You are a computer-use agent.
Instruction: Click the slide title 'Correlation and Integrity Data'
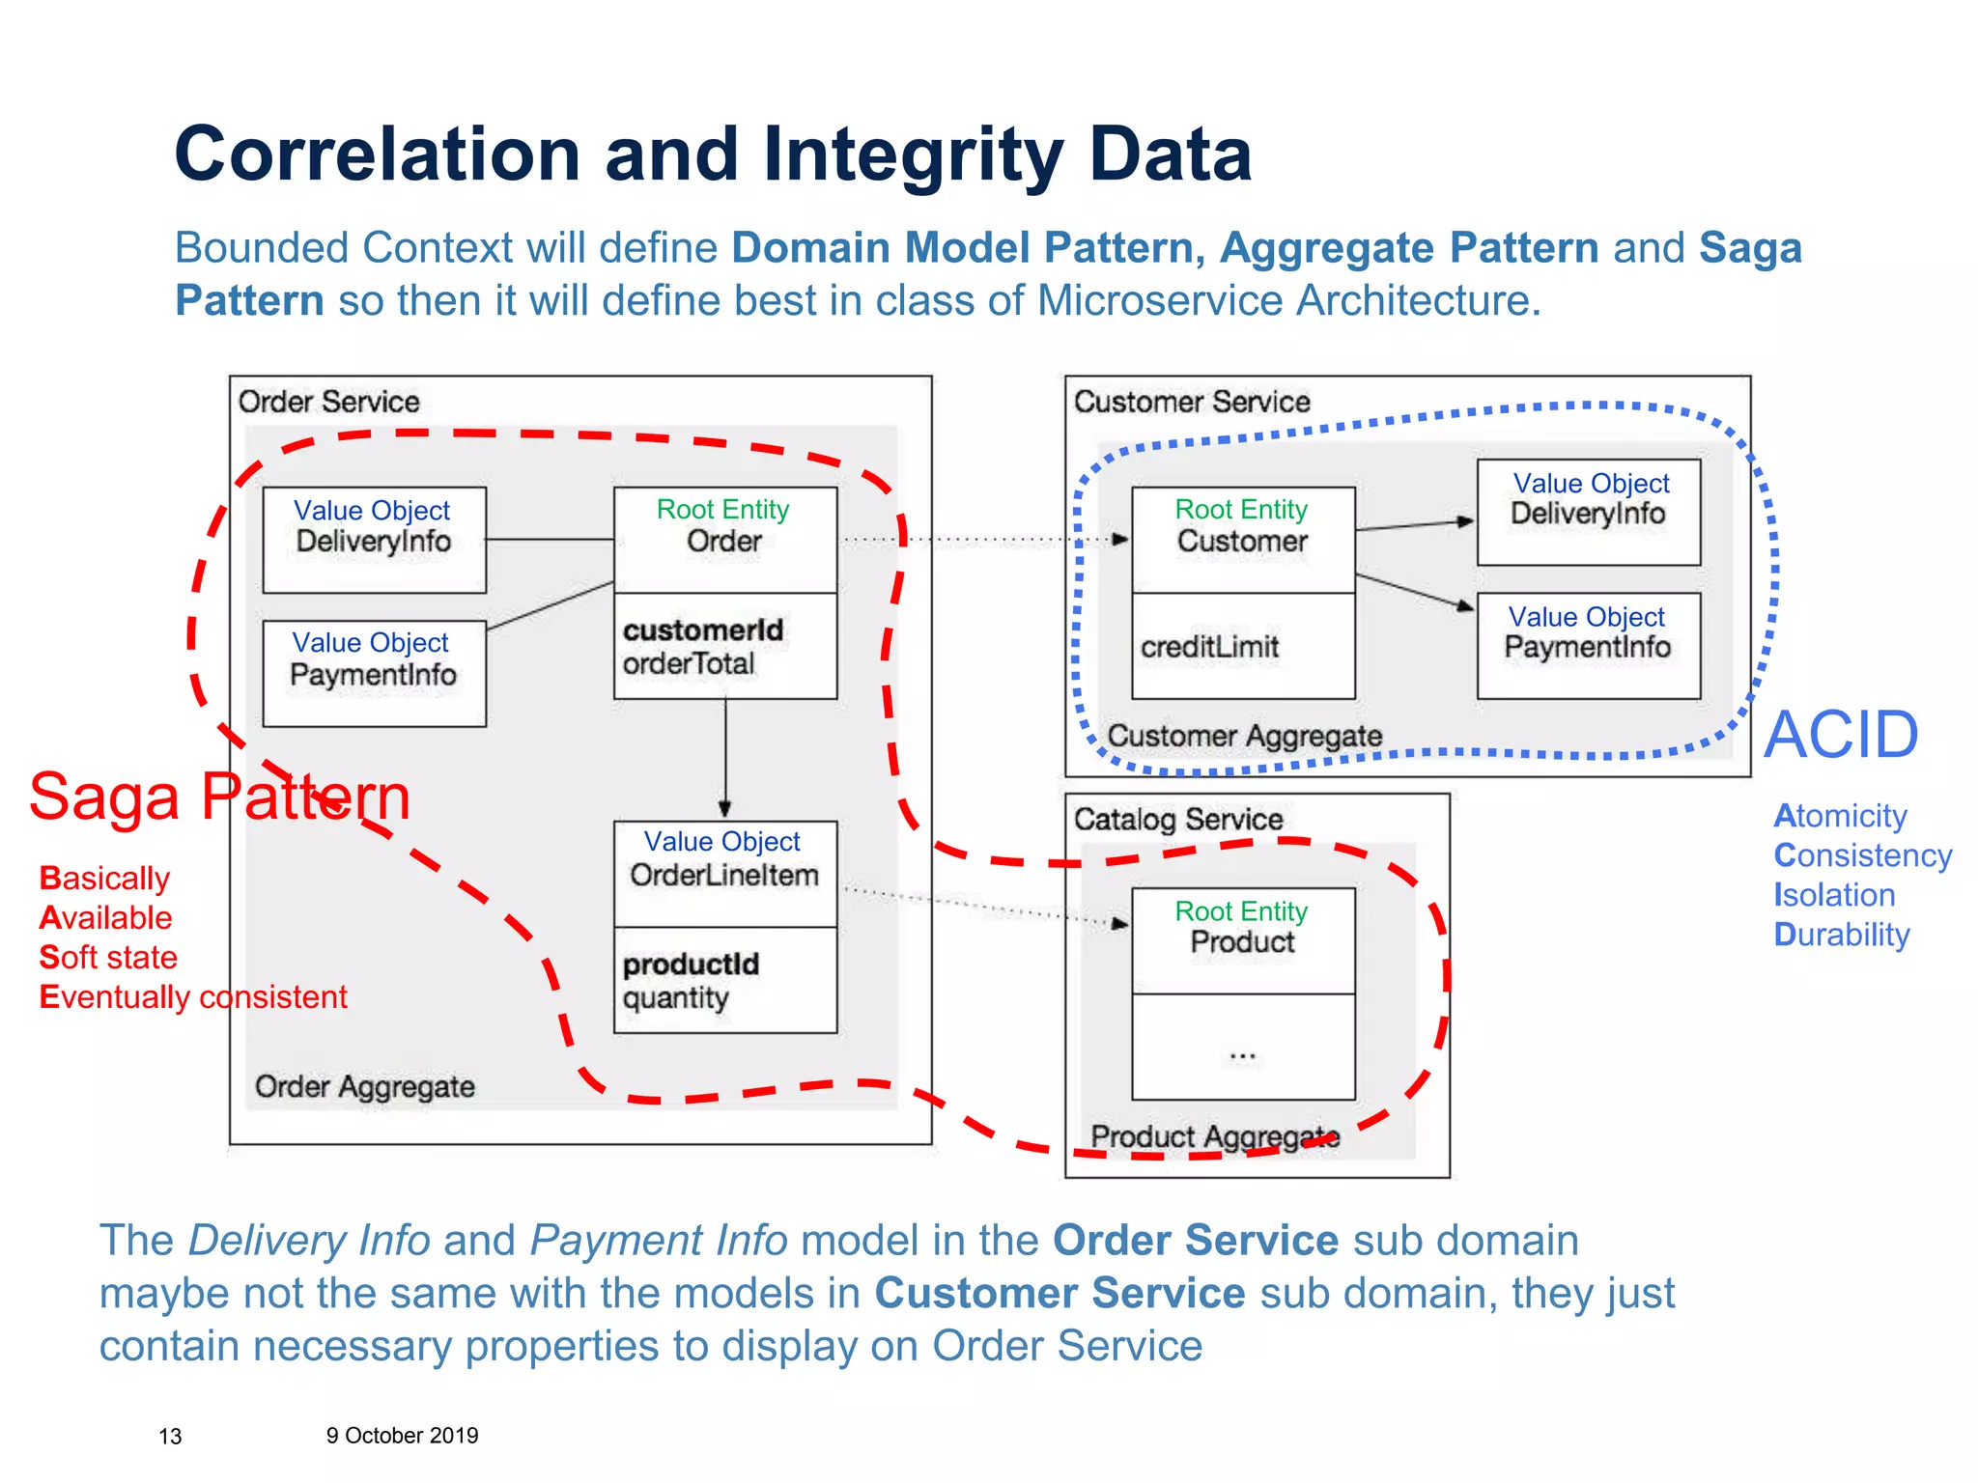(713, 154)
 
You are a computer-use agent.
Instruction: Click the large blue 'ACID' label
(1841, 736)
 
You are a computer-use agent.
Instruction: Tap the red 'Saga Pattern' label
(220, 797)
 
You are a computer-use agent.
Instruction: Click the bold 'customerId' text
(703, 630)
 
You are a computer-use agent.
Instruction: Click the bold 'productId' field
(691, 965)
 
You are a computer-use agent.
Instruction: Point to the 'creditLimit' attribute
(1209, 647)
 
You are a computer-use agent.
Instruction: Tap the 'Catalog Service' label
(1178, 820)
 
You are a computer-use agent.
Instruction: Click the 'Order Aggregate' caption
(364, 1087)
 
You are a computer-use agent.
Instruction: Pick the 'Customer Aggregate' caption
(1244, 737)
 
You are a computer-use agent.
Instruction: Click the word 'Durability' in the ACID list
(1841, 935)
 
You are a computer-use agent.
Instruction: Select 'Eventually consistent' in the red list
(193, 997)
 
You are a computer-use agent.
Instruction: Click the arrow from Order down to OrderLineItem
(725, 759)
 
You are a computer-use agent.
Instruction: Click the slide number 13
(170, 1437)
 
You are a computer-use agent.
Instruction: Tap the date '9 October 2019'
(402, 1436)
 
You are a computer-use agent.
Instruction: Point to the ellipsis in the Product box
(1242, 1056)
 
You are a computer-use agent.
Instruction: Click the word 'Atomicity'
(1840, 816)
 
